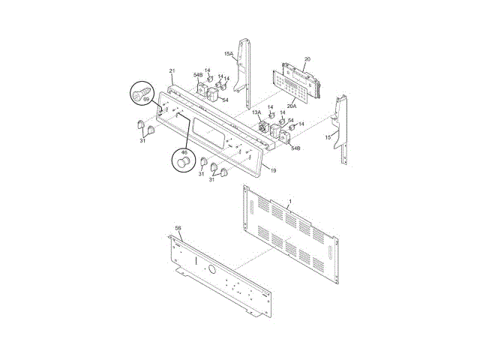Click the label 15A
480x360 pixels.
(x=228, y=54)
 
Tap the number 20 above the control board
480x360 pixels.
(x=307, y=59)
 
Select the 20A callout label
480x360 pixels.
(x=292, y=106)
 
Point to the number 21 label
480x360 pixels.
(x=172, y=71)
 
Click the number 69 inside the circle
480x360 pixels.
(x=146, y=99)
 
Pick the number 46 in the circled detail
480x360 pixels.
(x=184, y=152)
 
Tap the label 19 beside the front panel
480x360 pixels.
(x=273, y=170)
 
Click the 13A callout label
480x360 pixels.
(x=256, y=112)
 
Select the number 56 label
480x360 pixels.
(x=178, y=228)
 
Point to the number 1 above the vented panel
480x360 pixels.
(x=290, y=202)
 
